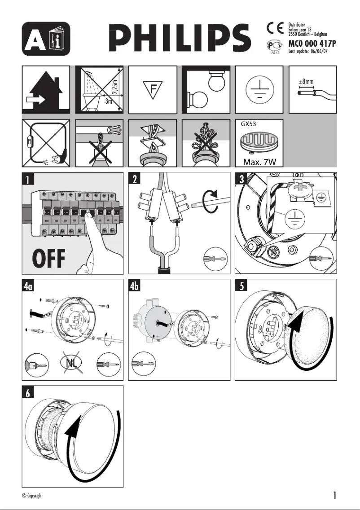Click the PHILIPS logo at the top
[x=181, y=38]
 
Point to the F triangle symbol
[x=153, y=89]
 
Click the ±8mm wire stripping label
[x=306, y=82]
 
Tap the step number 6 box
[x=28, y=393]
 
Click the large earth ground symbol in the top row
[x=259, y=89]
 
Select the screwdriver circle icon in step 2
[x=216, y=259]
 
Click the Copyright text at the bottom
[x=32, y=496]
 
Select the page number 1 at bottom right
[x=334, y=495]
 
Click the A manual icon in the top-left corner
[x=46, y=38]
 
